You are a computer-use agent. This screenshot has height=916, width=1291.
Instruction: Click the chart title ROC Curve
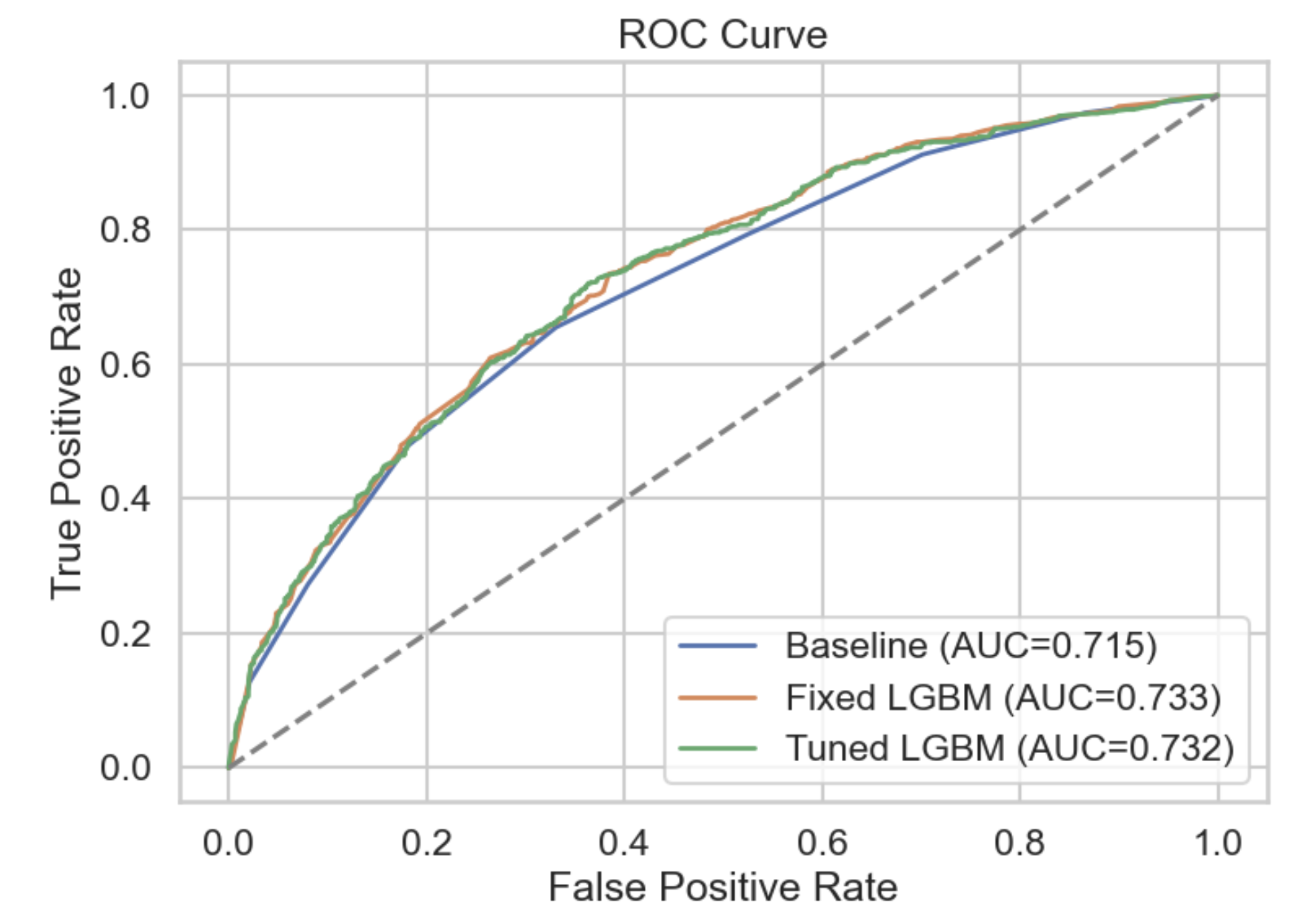point(723,35)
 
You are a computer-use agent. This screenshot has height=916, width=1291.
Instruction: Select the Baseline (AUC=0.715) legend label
point(971,646)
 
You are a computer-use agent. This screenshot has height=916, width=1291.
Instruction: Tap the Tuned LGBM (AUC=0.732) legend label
point(1009,748)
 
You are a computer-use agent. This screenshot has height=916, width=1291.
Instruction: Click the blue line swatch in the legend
point(717,646)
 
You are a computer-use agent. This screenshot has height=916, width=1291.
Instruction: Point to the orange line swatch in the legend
point(717,698)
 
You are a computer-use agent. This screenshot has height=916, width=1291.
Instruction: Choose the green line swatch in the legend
point(717,748)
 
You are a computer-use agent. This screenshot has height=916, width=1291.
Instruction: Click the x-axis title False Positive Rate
point(723,888)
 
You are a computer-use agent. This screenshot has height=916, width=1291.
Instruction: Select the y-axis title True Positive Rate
point(67,433)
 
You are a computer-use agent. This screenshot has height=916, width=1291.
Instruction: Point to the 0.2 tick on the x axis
point(426,843)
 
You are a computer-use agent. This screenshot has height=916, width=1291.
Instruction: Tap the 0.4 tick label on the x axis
point(624,843)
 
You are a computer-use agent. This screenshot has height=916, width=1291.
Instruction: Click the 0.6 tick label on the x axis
point(822,843)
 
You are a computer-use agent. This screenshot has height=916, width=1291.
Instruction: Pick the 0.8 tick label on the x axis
point(1020,843)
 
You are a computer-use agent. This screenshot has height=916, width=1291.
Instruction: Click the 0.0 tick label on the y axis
point(125,768)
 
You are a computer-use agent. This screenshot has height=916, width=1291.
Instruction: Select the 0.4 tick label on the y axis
point(125,499)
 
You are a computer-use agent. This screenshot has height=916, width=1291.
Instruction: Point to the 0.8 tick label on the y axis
point(125,230)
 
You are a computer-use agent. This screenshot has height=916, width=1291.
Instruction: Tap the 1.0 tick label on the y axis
point(125,96)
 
